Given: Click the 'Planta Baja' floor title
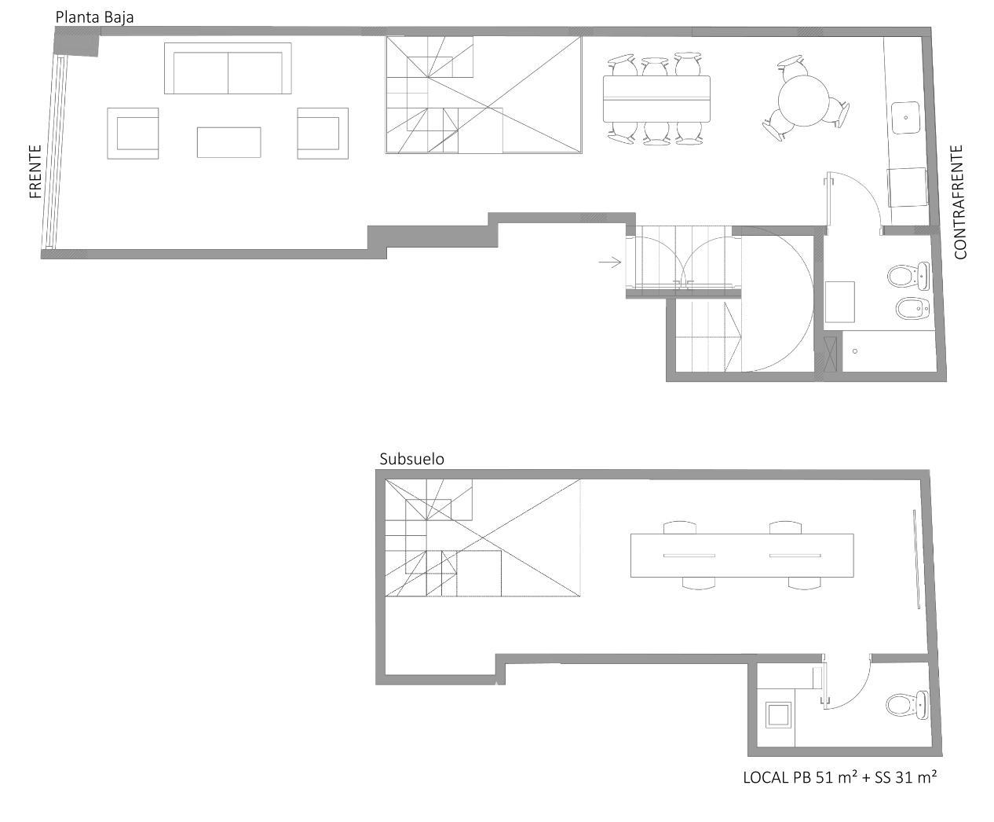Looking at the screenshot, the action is pyautogui.click(x=94, y=17).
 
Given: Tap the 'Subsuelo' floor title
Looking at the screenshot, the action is pyautogui.click(x=411, y=459).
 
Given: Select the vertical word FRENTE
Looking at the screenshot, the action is pyautogui.click(x=35, y=171).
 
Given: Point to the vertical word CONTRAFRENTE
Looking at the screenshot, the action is pyautogui.click(x=960, y=202).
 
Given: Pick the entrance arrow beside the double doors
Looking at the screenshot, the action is pyautogui.click(x=610, y=262).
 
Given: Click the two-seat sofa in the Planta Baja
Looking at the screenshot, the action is pyautogui.click(x=228, y=68).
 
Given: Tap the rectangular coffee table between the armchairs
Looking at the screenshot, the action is pyautogui.click(x=229, y=142).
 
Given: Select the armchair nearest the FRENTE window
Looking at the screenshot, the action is pyautogui.click(x=133, y=134).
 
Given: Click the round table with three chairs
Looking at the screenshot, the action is pyautogui.click(x=803, y=101).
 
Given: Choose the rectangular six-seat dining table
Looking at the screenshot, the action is pyautogui.click(x=656, y=99).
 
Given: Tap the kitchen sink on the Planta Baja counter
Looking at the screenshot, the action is pyautogui.click(x=905, y=117).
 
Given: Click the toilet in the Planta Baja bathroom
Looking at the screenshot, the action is pyautogui.click(x=908, y=276).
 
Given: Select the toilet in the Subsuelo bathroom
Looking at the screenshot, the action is pyautogui.click(x=907, y=705).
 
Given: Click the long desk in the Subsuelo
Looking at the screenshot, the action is pyautogui.click(x=742, y=556).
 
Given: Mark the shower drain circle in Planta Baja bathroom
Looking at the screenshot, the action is pyautogui.click(x=855, y=351).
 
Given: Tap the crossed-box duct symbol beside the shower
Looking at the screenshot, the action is pyautogui.click(x=830, y=354).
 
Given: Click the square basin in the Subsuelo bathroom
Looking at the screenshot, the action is pyautogui.click(x=778, y=715).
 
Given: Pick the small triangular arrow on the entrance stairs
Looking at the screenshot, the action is pyautogui.click(x=733, y=336).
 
